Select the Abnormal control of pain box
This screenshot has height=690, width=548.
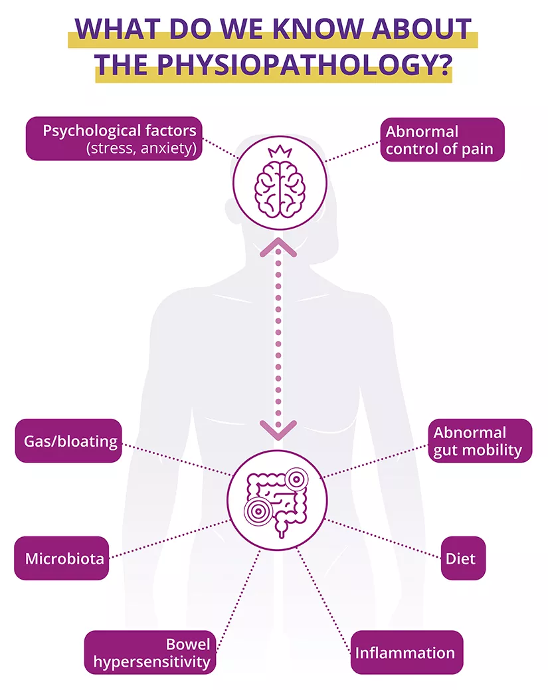click(441, 140)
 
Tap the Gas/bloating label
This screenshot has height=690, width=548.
click(69, 441)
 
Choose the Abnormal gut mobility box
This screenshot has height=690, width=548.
click(478, 441)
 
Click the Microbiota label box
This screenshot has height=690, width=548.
click(62, 558)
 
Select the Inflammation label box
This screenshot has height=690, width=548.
click(406, 652)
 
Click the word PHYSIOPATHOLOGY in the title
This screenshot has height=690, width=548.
click(304, 65)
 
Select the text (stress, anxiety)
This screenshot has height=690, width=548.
click(141, 148)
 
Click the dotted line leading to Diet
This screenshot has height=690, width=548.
click(385, 538)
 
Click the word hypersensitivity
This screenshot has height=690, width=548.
click(152, 661)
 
